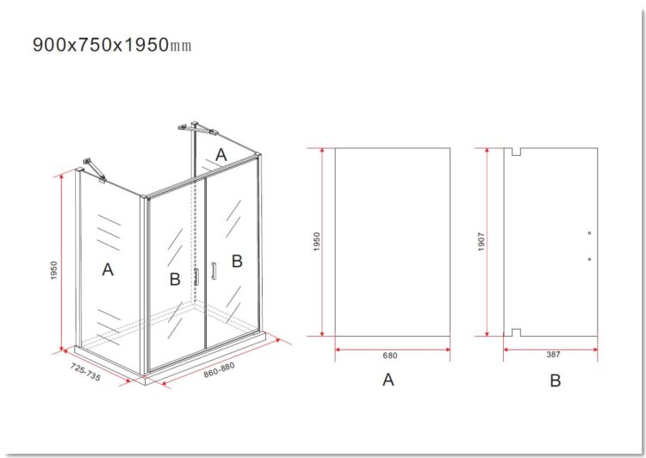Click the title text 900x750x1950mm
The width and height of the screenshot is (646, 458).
point(112,45)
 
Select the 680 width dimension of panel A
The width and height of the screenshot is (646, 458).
point(389,356)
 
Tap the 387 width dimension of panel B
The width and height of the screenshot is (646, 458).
point(553,355)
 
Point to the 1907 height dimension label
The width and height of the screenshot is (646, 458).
point(481,242)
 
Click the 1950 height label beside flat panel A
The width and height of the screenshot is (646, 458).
point(316,242)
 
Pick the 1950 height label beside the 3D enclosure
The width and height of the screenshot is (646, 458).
point(54,270)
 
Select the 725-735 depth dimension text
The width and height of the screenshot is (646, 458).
point(85,372)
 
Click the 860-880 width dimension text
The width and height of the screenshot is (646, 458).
point(219,370)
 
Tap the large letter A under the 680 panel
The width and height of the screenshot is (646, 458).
point(388,380)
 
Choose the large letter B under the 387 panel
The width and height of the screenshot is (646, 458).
point(555,381)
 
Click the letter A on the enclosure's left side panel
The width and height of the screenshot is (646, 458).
point(108,269)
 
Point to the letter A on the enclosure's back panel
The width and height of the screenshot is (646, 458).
point(221,155)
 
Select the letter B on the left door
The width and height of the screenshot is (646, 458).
point(175,279)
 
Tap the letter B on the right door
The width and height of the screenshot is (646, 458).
point(237,261)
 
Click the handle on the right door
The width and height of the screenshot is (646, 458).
point(214,271)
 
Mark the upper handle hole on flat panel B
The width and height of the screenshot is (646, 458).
point(589,233)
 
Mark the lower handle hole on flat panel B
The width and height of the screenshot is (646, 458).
point(589,259)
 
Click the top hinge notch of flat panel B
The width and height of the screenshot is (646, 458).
point(516,152)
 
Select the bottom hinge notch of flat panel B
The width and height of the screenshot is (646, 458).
point(516,332)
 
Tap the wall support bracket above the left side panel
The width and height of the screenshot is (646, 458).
point(95,169)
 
